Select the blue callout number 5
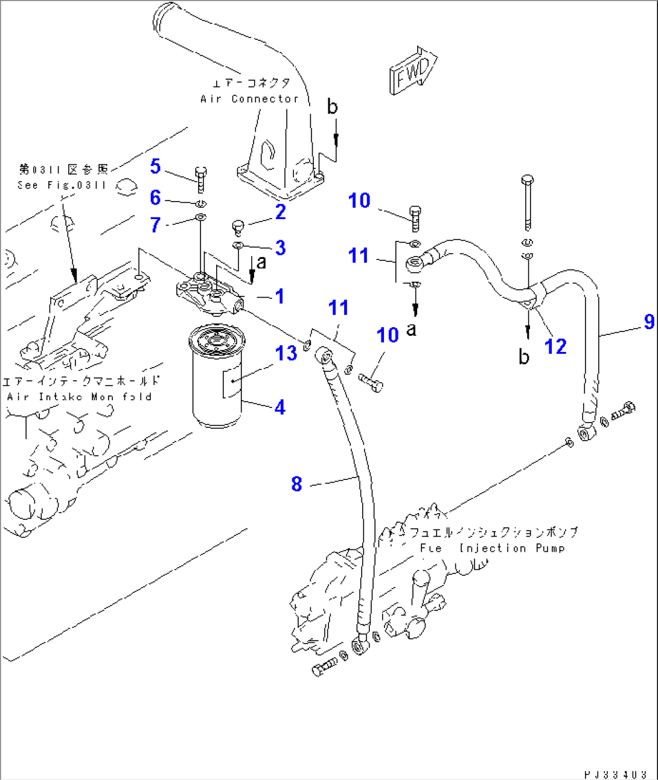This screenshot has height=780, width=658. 156,167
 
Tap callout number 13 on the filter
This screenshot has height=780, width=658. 286,353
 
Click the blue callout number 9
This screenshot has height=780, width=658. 649,321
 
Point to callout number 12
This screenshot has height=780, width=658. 555,347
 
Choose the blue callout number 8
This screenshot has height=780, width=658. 296,484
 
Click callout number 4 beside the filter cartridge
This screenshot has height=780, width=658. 279,408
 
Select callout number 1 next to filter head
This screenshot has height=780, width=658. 279,296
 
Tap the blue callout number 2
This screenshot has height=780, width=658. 280,212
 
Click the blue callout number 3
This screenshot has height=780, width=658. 280,248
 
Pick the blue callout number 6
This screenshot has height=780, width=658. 156,197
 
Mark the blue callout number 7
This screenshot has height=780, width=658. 156,225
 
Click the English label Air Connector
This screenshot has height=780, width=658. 249,98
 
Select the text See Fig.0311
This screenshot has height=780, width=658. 62,185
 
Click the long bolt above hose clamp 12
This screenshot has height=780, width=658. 528,202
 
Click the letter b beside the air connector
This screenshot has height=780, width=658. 333,107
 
